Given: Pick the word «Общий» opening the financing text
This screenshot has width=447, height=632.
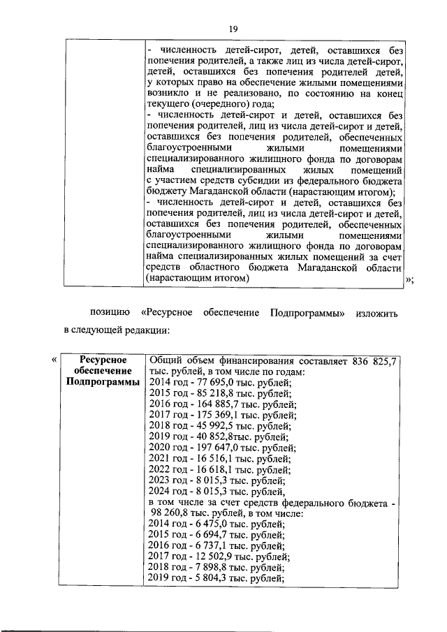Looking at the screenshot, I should click(166, 360).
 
